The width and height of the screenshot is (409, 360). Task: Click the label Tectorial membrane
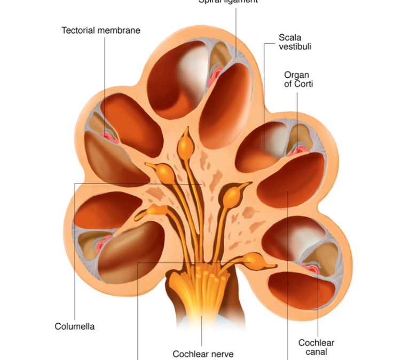pos(101,30)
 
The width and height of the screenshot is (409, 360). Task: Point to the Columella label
pos(75,326)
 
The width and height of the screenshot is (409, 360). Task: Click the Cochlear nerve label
pos(203,354)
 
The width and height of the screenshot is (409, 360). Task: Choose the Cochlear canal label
pos(316,347)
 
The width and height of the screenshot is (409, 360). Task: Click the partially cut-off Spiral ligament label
pos(228,2)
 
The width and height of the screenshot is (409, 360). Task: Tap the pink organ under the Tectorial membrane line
pos(109,136)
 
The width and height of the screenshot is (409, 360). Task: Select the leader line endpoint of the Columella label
pos(201,183)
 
